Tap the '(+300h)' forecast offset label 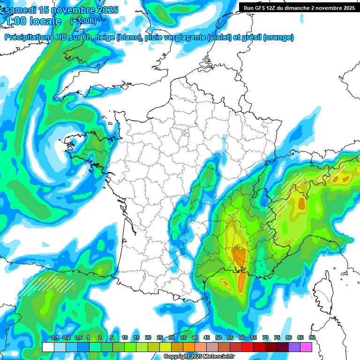pyautogui.click(x=84, y=21)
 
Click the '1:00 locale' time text pyautogui.click(x=33, y=21)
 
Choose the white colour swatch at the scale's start pyautogui.click(x=48, y=347)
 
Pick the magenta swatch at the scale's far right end pyautogui.click(x=306, y=347)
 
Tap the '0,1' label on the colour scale pyautogui.click(x=55, y=338)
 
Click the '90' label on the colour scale pyautogui.click(x=312, y=338)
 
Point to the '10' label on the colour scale pyautogui.click(x=125, y=338)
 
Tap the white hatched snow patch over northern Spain pyautogui.click(x=47, y=284)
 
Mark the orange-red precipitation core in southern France pyautogui.click(x=240, y=257)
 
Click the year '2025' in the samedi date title pyautogui.click(x=106, y=10)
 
